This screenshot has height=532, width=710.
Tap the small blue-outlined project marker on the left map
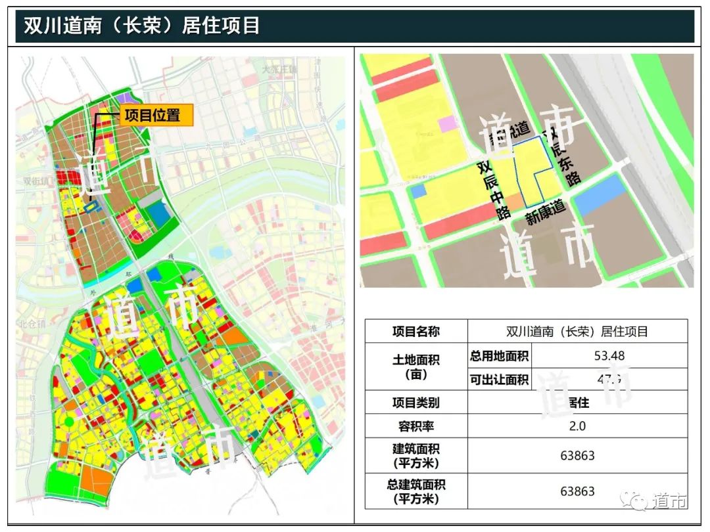point(92,208)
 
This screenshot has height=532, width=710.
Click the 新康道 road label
point(545,211)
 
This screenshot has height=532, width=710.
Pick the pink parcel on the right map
point(448,123)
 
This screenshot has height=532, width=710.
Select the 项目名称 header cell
point(415,332)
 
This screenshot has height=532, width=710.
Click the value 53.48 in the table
point(609,356)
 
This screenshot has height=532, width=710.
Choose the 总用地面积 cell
point(499,357)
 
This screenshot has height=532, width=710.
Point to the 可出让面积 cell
point(499,380)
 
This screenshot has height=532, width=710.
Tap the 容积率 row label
point(415,426)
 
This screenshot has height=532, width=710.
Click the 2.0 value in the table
point(577,426)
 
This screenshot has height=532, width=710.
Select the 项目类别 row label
point(415,403)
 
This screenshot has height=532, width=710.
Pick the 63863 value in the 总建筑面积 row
point(577,491)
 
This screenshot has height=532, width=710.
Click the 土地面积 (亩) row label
point(415,368)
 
